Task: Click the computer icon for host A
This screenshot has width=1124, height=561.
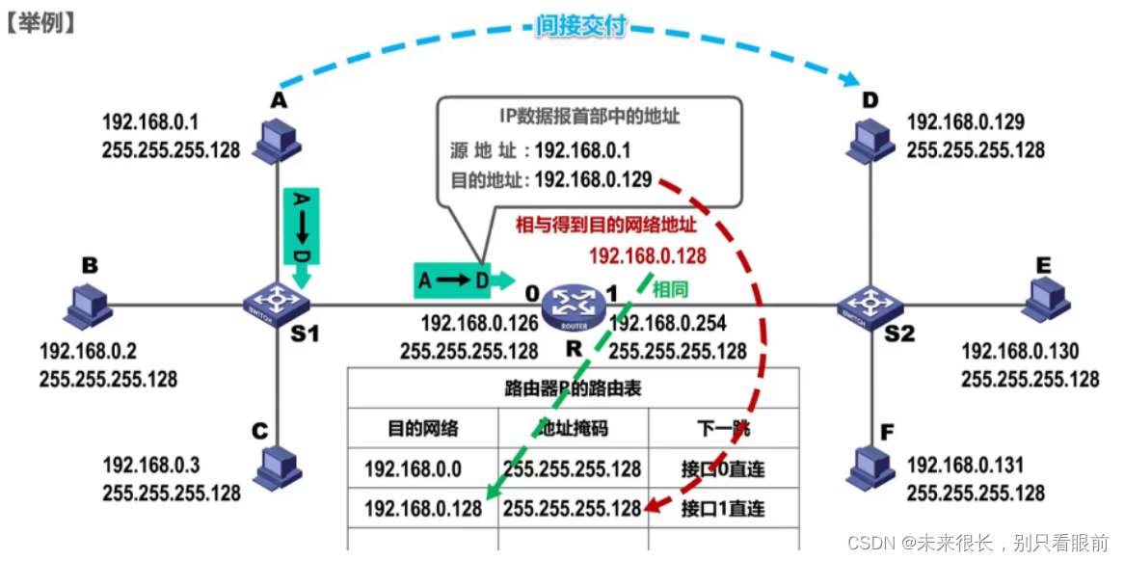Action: (277, 139)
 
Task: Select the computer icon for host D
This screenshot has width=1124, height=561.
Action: (870, 141)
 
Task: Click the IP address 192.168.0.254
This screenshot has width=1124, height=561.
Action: (669, 325)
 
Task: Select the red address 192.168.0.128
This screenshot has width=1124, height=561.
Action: (647, 255)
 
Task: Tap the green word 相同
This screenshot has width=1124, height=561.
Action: (670, 287)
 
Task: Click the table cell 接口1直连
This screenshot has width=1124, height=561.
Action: (723, 508)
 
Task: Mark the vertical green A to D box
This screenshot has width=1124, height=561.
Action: (301, 226)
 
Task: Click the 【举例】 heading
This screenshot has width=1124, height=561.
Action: (40, 21)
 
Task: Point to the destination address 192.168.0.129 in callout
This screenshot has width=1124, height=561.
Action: (593, 179)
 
